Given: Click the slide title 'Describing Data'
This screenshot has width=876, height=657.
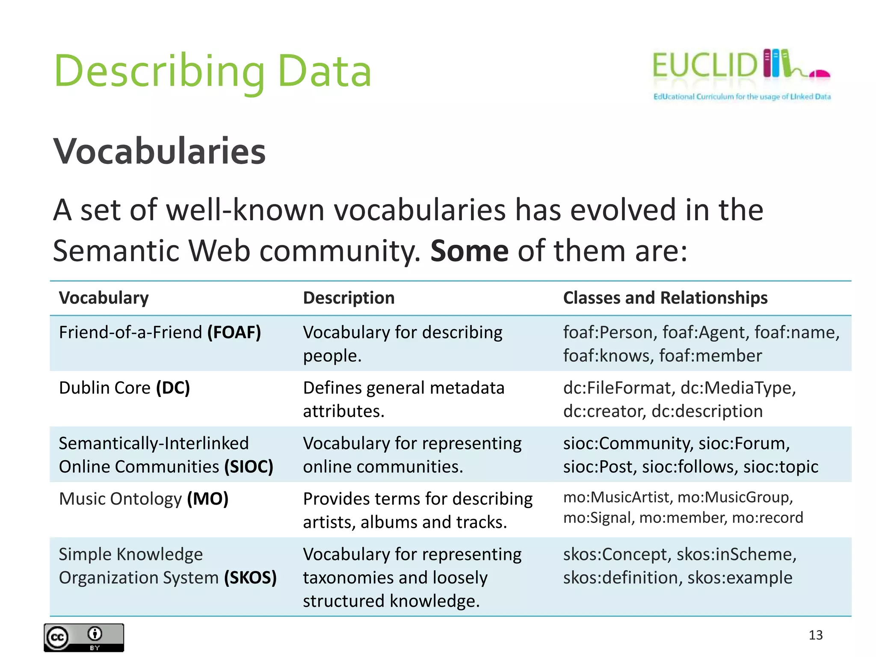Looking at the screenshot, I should coord(213,71).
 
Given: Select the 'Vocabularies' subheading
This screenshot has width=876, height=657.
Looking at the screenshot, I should coord(159,151).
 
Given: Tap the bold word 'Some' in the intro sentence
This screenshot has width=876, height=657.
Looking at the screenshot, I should coord(469,251).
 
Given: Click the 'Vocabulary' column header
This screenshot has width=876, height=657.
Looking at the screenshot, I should coord(104,298).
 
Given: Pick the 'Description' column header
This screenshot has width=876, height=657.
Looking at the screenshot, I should coord(349,298).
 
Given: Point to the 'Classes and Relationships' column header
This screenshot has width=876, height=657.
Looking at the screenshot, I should coord(665,298).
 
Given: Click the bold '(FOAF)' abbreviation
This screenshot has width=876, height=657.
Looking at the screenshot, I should coord(234,332).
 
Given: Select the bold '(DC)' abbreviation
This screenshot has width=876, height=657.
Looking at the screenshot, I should coord(173,388).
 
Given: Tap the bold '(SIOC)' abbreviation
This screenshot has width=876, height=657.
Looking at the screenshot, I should coord(249,467).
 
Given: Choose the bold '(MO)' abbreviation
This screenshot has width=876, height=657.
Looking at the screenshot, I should coord(208,499).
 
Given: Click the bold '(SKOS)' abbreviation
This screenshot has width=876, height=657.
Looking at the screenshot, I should coord(250,578).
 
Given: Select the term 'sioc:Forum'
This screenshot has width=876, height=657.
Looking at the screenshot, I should coord(744,444).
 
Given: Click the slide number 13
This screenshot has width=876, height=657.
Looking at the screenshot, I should coord(816,635).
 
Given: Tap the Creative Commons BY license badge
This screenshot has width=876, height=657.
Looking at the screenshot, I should coord(84,638).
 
